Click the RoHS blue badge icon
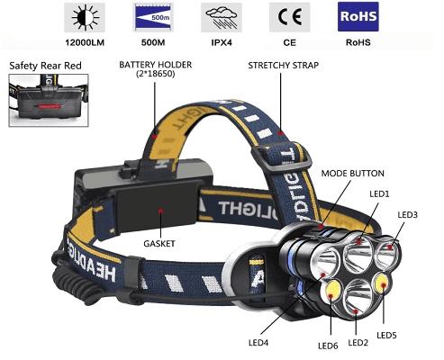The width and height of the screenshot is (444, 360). [x=358, y=16]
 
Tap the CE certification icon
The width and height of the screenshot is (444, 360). [x=289, y=17]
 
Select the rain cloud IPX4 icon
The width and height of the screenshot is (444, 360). [x=222, y=17]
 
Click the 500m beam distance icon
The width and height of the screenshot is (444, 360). [x=153, y=17]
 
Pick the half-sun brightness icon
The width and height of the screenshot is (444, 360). [x=85, y=17]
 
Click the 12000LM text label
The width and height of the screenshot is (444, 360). [x=85, y=42]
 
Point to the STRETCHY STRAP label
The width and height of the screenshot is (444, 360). [x=284, y=66]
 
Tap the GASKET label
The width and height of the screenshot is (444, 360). [x=159, y=243]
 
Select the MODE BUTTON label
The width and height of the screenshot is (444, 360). [x=353, y=174]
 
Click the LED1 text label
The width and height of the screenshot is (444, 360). [x=379, y=194]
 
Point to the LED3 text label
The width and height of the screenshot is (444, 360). [x=408, y=215]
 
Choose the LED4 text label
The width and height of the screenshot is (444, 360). [x=258, y=343]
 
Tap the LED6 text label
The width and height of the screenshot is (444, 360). [x=328, y=346]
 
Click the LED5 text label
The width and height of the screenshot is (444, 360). [x=386, y=336]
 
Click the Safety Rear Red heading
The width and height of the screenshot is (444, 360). [x=45, y=66]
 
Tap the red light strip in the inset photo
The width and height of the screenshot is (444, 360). [x=50, y=106]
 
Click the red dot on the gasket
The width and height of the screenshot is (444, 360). [x=160, y=211]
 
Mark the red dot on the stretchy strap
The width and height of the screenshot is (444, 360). [x=280, y=132]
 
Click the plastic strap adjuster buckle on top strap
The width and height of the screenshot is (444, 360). [x=282, y=157]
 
